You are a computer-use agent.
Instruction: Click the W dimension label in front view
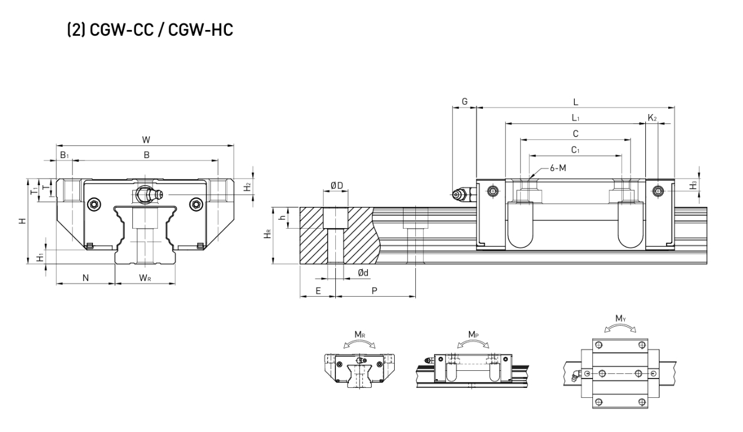[x=146, y=139]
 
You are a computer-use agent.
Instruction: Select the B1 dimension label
[x=64, y=155]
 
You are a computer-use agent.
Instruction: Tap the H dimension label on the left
[x=22, y=221]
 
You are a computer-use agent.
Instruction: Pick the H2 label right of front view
[x=249, y=186]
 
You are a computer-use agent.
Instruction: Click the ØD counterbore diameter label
[x=337, y=185]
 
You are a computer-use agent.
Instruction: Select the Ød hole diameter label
[x=364, y=273]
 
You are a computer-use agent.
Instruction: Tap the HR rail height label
[x=268, y=235]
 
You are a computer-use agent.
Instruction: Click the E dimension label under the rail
[x=318, y=291]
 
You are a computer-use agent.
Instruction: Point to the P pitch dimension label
[x=375, y=291]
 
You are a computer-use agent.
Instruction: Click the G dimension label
[x=464, y=102]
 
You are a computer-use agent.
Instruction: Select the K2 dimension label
[x=652, y=118]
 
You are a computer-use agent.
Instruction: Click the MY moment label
[x=620, y=319]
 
